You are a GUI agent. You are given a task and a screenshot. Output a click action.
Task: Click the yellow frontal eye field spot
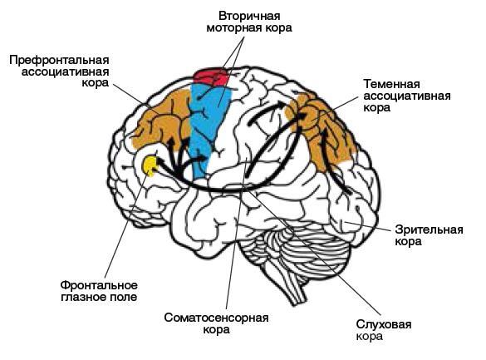[x=150, y=165]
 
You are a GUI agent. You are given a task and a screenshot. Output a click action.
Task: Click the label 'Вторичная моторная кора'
[x=249, y=22]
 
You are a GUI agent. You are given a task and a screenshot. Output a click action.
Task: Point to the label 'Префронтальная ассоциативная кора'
[x=59, y=72]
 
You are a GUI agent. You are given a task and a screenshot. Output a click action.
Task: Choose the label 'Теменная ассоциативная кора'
[x=407, y=96]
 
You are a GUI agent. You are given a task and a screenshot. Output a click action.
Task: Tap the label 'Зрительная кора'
[x=429, y=235]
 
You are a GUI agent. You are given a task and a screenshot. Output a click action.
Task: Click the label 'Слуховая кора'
[x=384, y=330]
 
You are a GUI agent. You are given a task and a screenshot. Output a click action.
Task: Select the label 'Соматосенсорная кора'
[x=216, y=323]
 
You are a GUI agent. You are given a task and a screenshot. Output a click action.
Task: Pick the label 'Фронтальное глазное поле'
[x=99, y=291]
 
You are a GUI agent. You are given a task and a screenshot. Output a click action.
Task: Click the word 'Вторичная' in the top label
[x=249, y=16]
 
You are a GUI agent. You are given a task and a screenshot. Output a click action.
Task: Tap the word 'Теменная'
[x=392, y=84]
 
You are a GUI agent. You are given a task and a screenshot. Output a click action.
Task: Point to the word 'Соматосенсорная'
[x=216, y=318]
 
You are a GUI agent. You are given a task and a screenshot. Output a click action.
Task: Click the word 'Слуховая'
[x=384, y=324]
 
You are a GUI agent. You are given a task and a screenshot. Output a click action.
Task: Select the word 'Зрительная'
[x=429, y=230]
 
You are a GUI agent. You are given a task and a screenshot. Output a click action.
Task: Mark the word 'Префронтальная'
[x=59, y=60]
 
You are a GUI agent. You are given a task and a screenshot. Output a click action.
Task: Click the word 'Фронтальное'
[x=99, y=285]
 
